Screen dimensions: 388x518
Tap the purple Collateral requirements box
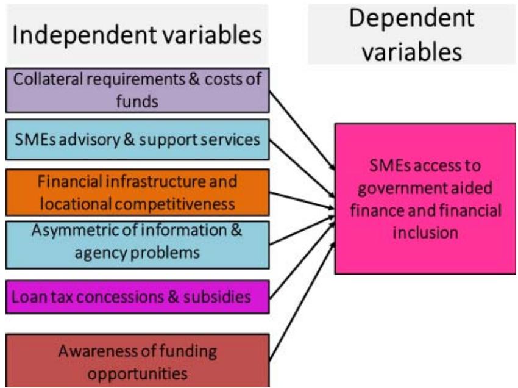[137, 90]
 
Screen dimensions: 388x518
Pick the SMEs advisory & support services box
[137, 140]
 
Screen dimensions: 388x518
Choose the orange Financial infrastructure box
[137, 192]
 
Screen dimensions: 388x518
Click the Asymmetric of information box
[137, 242]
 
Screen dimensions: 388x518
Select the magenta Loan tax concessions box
[137, 297]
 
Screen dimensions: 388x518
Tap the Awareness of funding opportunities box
[137, 361]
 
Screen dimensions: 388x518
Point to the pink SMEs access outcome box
[425, 199]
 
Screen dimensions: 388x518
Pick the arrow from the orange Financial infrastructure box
[302, 202]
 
